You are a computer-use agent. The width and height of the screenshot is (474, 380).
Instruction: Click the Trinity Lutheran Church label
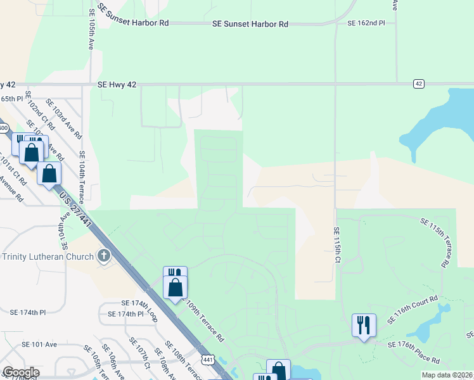pyautogui.click(x=49, y=256)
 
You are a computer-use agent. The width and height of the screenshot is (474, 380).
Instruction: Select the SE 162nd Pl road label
pyautogui.click(x=366, y=23)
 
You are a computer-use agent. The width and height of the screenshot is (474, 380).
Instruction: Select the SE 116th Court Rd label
pyautogui.click(x=413, y=309)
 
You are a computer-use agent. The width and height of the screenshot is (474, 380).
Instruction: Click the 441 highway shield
pyautogui.click(x=207, y=359)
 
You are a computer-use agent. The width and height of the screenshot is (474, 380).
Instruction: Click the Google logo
pyautogui.click(x=21, y=372)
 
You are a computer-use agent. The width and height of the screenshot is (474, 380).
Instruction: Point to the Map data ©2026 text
pyautogui.click(x=447, y=375)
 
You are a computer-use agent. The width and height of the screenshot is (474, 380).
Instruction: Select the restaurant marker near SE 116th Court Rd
pyautogui.click(x=364, y=326)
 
